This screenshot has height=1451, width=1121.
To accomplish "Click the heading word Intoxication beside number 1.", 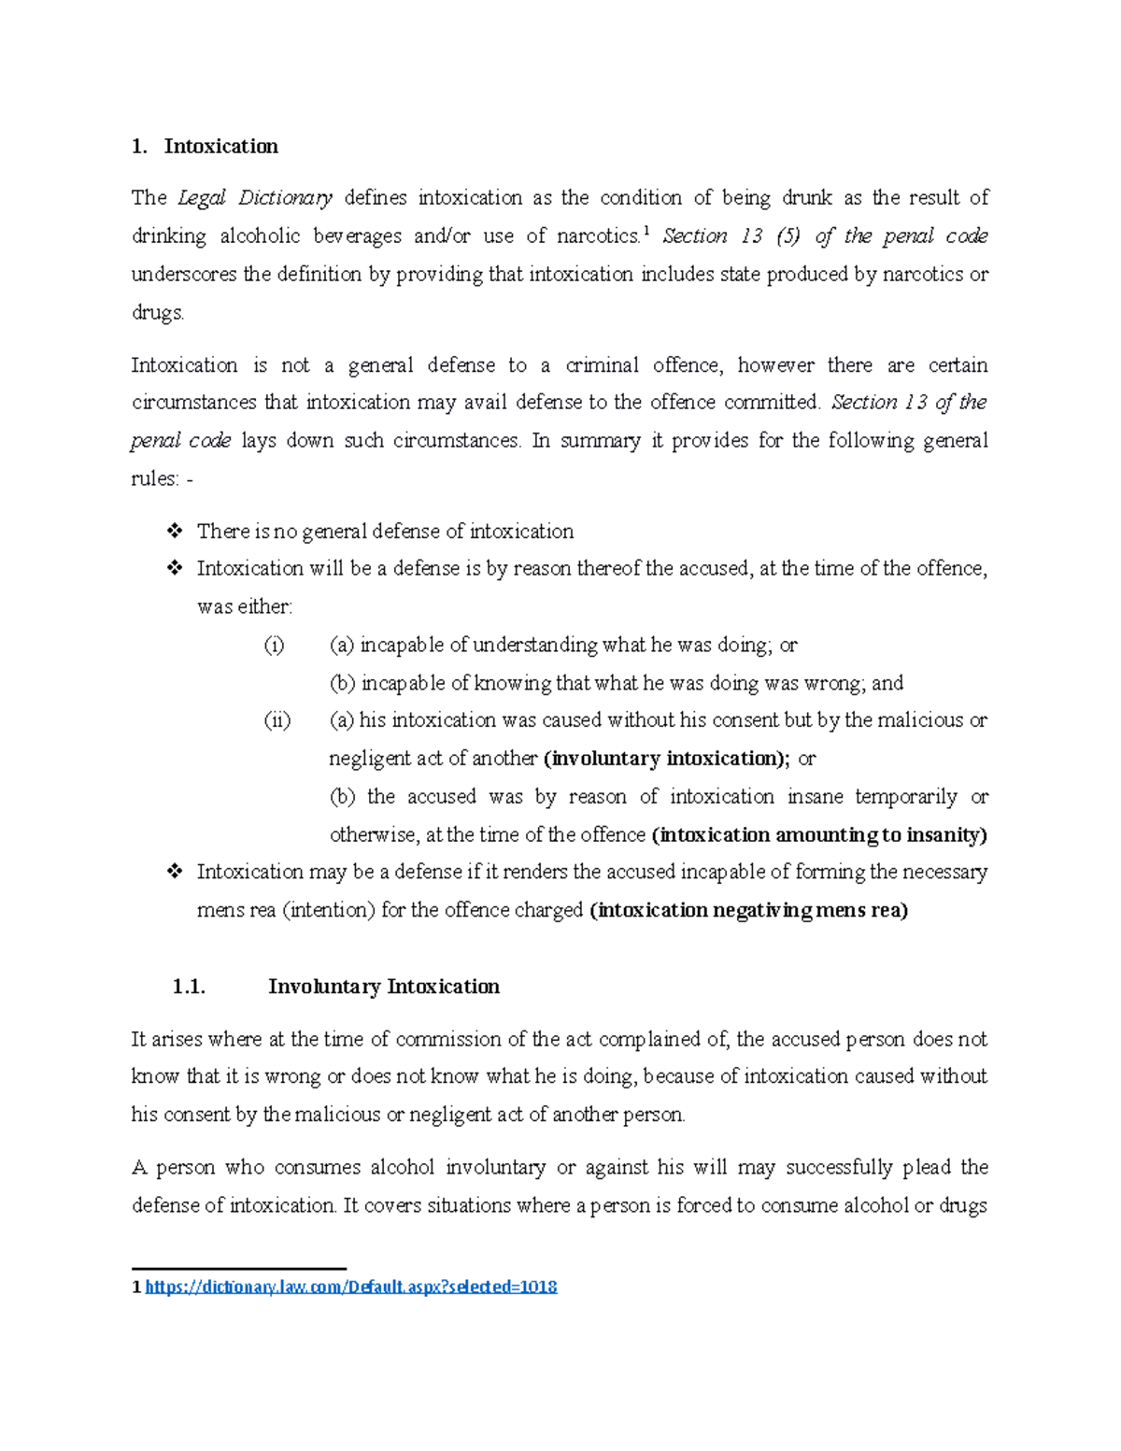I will coord(220,147).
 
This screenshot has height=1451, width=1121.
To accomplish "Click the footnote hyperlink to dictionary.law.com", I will coord(351,1287).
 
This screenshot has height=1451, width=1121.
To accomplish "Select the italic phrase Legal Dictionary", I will coord(255,198).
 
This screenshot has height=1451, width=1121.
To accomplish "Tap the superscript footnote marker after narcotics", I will coord(646,231).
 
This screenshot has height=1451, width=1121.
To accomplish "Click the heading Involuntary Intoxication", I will coord(383,987).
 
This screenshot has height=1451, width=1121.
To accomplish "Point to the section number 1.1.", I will coord(189,987).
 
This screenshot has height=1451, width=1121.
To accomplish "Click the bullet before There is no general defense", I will coord(174,532).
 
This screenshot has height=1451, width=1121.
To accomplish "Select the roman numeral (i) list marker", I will coord(274,645).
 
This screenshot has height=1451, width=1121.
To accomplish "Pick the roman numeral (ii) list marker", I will coord(277,720).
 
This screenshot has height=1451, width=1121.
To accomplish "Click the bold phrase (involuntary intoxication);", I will coord(666,759).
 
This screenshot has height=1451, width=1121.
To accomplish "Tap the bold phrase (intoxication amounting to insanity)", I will coord(819,834).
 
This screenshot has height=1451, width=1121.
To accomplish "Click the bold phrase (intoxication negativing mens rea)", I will coord(749,910).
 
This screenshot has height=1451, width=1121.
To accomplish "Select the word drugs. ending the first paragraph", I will coord(158,312).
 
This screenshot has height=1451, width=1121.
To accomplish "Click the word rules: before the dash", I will coord(155,478).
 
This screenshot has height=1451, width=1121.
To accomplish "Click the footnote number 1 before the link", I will coord(136,1287).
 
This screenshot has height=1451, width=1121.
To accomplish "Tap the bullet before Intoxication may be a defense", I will coord(174,872).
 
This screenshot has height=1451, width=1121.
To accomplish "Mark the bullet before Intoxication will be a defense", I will coord(174,568).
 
